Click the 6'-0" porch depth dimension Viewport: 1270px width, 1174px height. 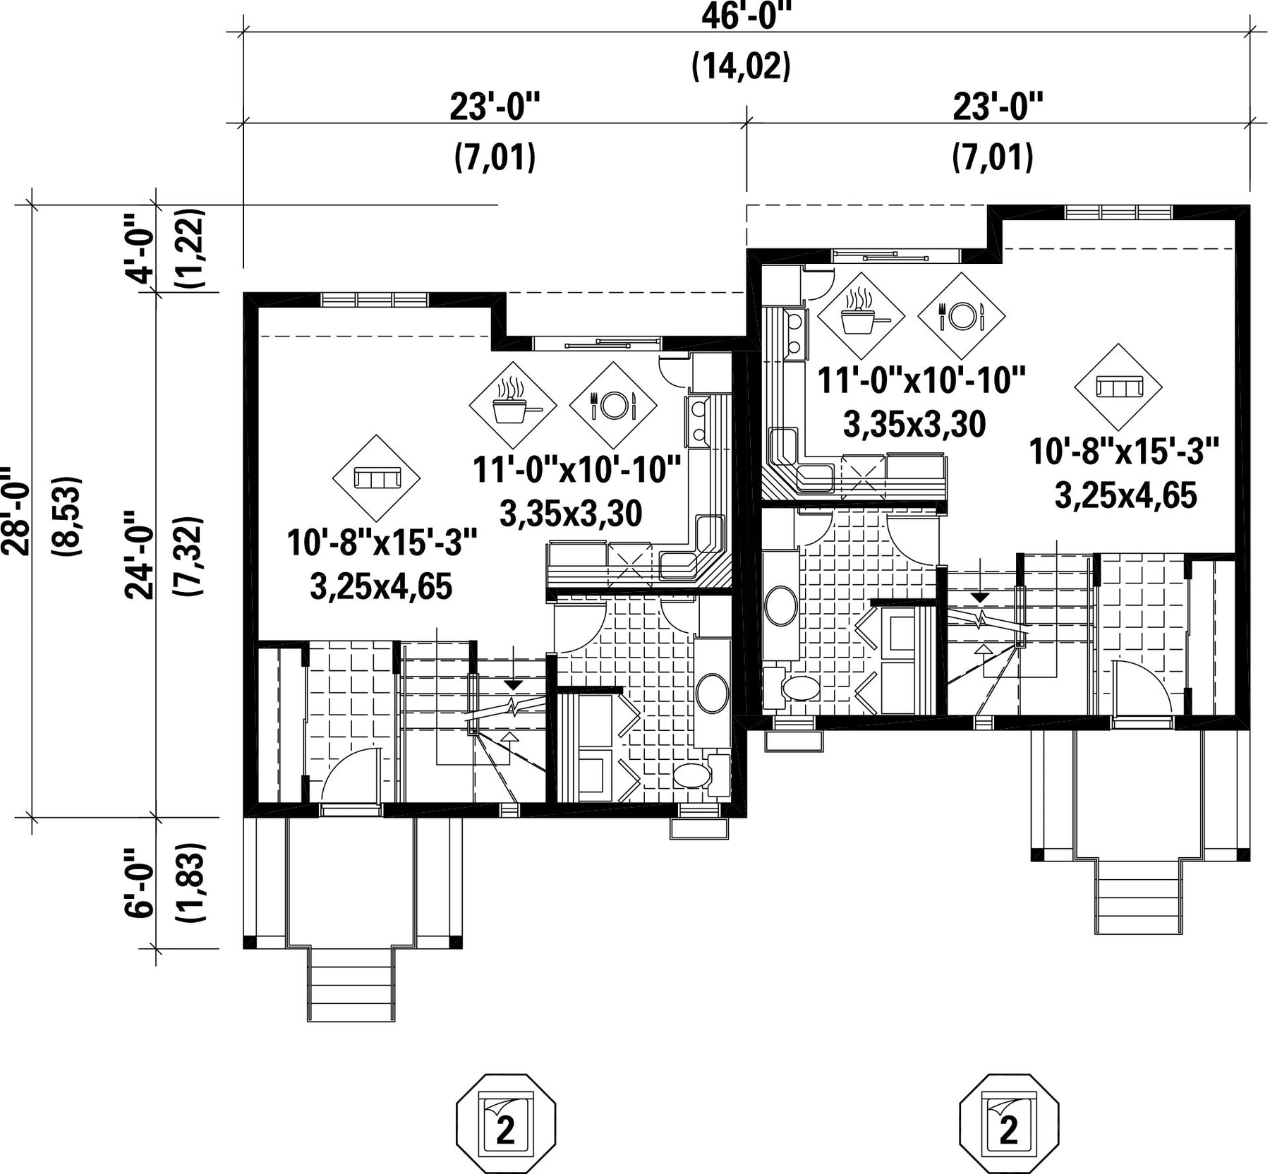pos(140,882)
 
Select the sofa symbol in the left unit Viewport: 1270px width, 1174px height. pos(377,478)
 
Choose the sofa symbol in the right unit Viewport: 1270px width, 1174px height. pos(1118,387)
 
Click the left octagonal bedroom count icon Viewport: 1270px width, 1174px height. pos(507,1125)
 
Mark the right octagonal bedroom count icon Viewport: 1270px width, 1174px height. pos(1010,1125)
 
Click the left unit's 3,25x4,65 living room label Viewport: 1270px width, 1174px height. pos(381,586)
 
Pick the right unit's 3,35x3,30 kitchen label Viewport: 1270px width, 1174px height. pos(914,425)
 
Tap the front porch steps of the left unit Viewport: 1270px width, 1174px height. pos(351,984)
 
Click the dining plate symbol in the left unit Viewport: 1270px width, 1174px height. pos(613,404)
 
